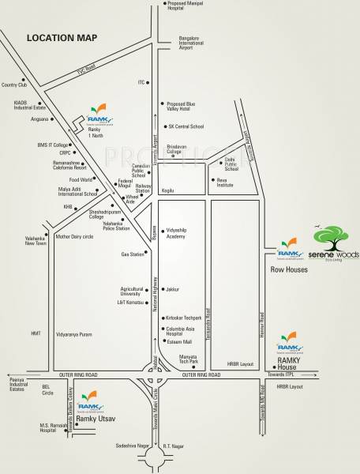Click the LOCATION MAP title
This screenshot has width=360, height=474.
click(62, 37)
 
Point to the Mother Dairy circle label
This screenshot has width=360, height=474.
click(75, 235)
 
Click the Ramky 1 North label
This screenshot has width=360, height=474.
click(98, 134)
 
